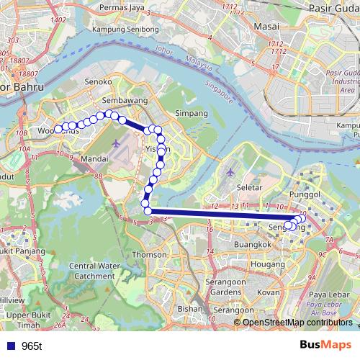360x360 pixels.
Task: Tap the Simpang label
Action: click(x=192, y=114)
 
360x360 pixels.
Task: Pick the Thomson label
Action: click(x=150, y=254)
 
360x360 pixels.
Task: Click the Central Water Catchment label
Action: click(x=91, y=271)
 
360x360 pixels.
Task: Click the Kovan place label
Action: click(x=269, y=293)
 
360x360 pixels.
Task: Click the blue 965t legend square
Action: click(x=9, y=346)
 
